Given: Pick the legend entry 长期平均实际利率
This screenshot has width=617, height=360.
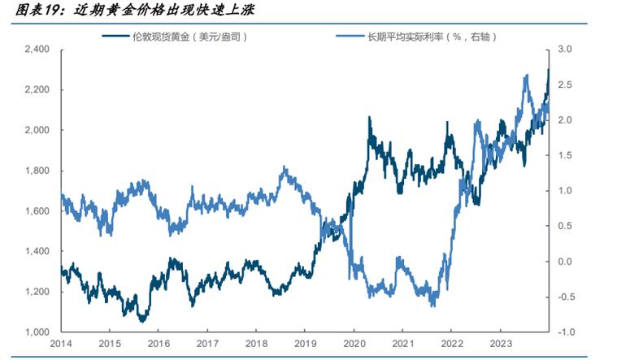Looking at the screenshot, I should pos(432,37).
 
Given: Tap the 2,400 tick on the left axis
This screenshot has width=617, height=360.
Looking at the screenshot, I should pos(37,50).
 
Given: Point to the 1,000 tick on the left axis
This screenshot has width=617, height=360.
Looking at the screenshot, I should pos(37,332).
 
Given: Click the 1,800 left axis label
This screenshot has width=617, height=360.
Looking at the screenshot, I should pos(37,171).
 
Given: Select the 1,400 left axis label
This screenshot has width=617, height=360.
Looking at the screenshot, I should pos(37,252).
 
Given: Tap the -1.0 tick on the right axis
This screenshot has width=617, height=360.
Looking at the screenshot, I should pos(566,332).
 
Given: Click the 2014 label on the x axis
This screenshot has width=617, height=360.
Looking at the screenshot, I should pos(62,345).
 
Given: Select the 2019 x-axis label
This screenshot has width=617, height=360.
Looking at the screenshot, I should pos(305,345).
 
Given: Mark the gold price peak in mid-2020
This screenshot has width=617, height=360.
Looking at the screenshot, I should pos(369,117).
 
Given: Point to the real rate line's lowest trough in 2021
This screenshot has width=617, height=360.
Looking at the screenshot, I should pos(432,306).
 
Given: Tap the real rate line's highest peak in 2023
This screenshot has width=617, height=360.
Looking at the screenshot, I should pos(528,75).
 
